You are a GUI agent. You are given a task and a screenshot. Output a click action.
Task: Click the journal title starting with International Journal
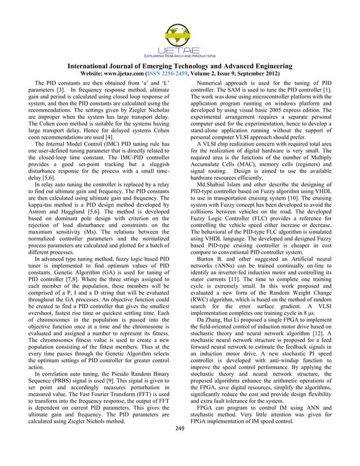(180, 66)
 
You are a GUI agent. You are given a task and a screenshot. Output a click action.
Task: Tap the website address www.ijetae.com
(139, 74)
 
